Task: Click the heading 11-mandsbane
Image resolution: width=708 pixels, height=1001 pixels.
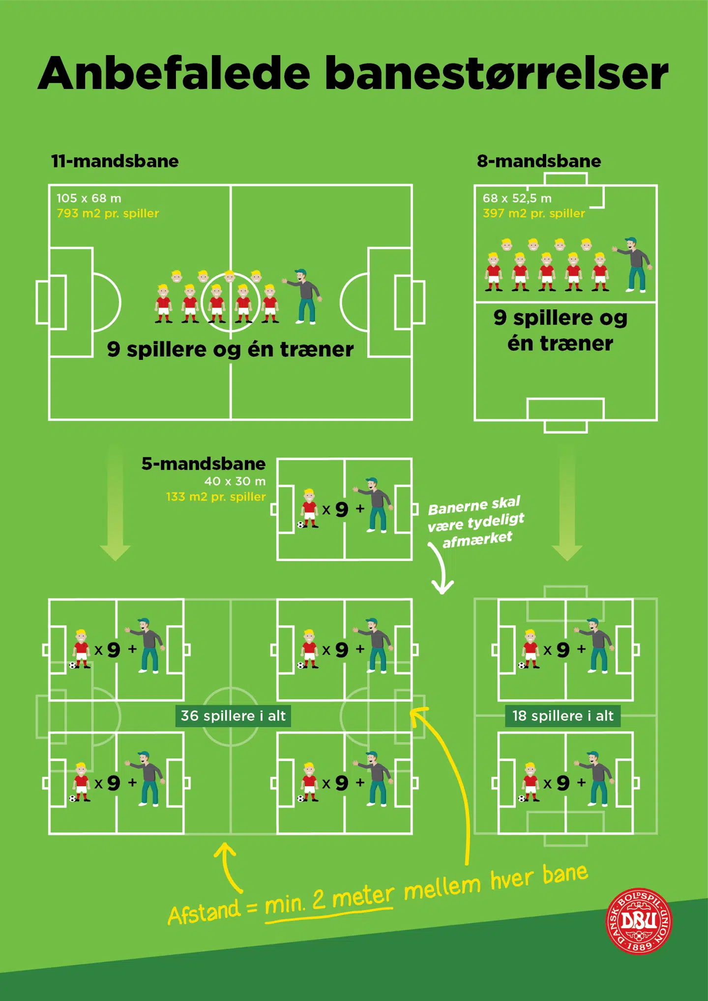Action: point(115,161)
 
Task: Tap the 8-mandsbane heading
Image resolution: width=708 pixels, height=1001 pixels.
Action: point(539,161)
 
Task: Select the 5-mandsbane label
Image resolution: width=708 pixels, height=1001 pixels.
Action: point(204,464)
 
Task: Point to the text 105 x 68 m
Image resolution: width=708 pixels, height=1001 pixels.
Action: point(89,198)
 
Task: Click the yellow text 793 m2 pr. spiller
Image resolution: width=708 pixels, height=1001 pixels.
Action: point(108,213)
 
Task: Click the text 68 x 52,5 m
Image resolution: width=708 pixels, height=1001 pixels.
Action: point(517,198)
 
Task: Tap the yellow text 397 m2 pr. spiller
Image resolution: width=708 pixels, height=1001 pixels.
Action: point(534,213)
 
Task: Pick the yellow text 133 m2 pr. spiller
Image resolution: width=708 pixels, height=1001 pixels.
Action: point(216,497)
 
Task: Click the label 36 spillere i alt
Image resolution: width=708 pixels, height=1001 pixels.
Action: point(233,716)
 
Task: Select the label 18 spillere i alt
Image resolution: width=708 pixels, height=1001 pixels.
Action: point(563,716)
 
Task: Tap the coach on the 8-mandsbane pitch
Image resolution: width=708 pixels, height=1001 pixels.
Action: point(636,265)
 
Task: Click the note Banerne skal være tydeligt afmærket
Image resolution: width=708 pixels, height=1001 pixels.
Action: point(475,522)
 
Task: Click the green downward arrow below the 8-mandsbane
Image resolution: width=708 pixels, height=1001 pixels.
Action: point(567,506)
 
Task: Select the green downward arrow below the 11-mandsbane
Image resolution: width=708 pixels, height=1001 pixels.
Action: point(115,506)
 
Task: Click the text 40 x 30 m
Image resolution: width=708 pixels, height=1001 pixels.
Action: point(235,481)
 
